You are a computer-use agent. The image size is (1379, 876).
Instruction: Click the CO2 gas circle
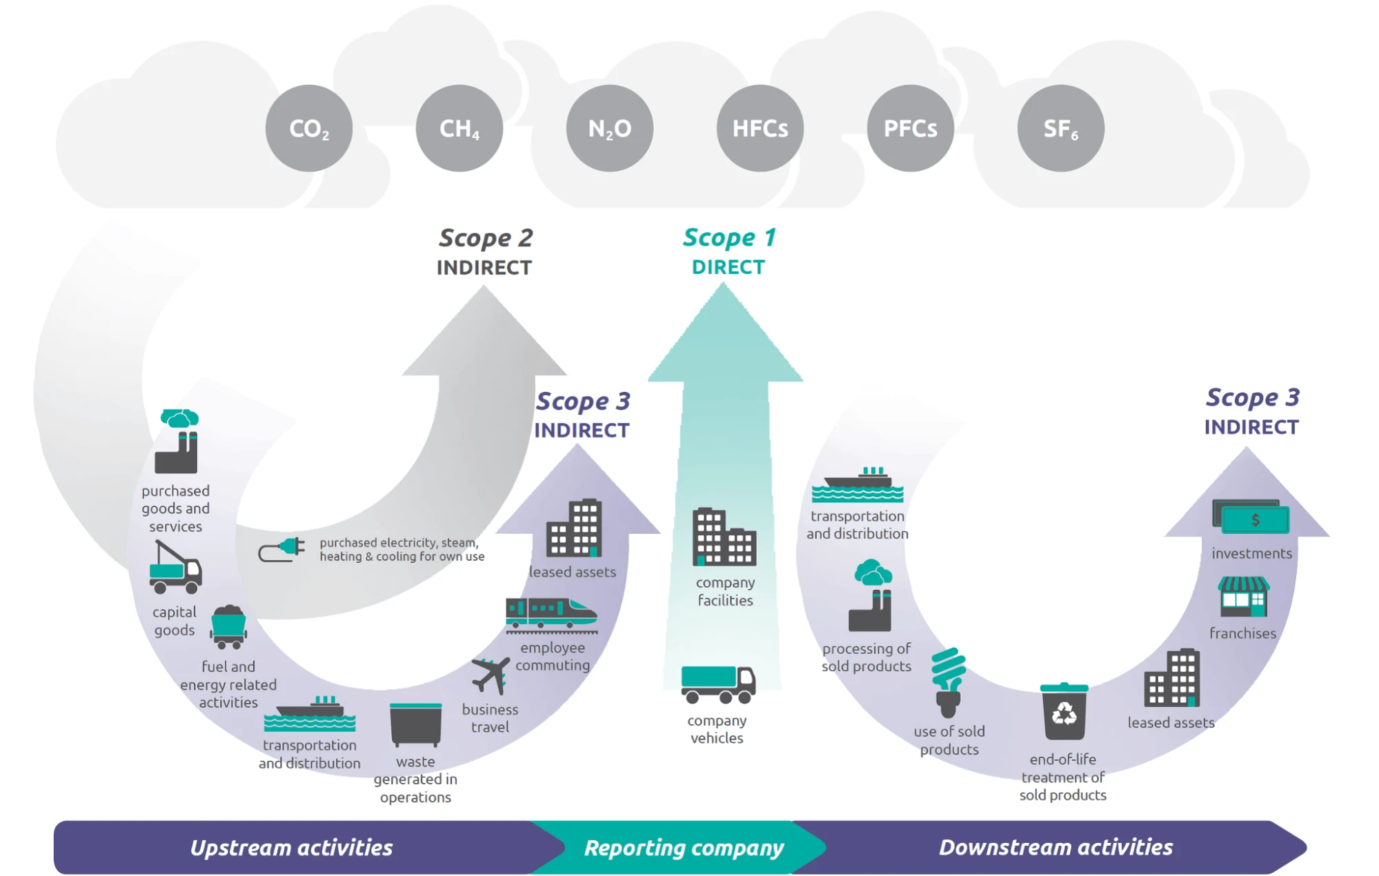coord(308,128)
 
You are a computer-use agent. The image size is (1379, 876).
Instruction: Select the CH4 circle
coord(459,128)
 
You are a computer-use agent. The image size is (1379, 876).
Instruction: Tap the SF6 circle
coord(1060,128)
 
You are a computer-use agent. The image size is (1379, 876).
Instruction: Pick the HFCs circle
coord(760,128)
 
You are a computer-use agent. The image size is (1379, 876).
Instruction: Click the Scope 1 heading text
coord(729,238)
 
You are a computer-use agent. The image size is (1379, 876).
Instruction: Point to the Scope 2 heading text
coord(485,239)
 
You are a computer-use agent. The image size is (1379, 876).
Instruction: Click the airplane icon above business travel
coord(490,675)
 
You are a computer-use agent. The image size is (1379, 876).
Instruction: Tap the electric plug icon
coord(282,550)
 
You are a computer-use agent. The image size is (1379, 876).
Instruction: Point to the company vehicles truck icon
coord(717,684)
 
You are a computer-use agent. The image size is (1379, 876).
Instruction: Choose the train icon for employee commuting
coord(550,615)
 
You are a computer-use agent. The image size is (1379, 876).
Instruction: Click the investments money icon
coord(1251,517)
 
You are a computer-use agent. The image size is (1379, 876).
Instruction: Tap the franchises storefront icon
coord(1242,597)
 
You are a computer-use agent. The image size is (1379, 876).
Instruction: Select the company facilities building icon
coord(724,537)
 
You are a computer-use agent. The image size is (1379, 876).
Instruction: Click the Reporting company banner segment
coord(683,847)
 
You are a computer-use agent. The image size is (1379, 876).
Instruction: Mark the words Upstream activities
coord(291,847)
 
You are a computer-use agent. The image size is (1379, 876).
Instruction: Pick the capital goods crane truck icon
coord(175,568)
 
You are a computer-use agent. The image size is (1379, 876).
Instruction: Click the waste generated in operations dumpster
coord(415,724)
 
